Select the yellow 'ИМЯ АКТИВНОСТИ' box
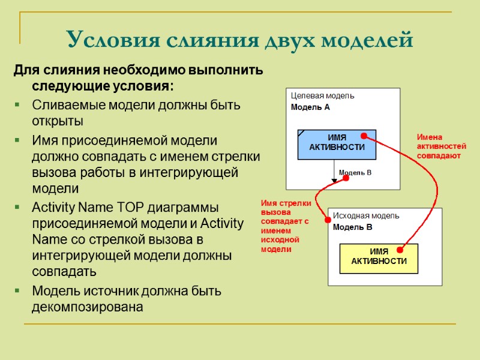point(379,257)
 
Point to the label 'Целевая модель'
point(322,95)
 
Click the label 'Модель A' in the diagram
point(310,107)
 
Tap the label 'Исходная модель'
point(365,215)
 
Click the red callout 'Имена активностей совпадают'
point(441,146)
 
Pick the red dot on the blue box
point(363,137)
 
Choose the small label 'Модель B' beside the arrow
point(355,173)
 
